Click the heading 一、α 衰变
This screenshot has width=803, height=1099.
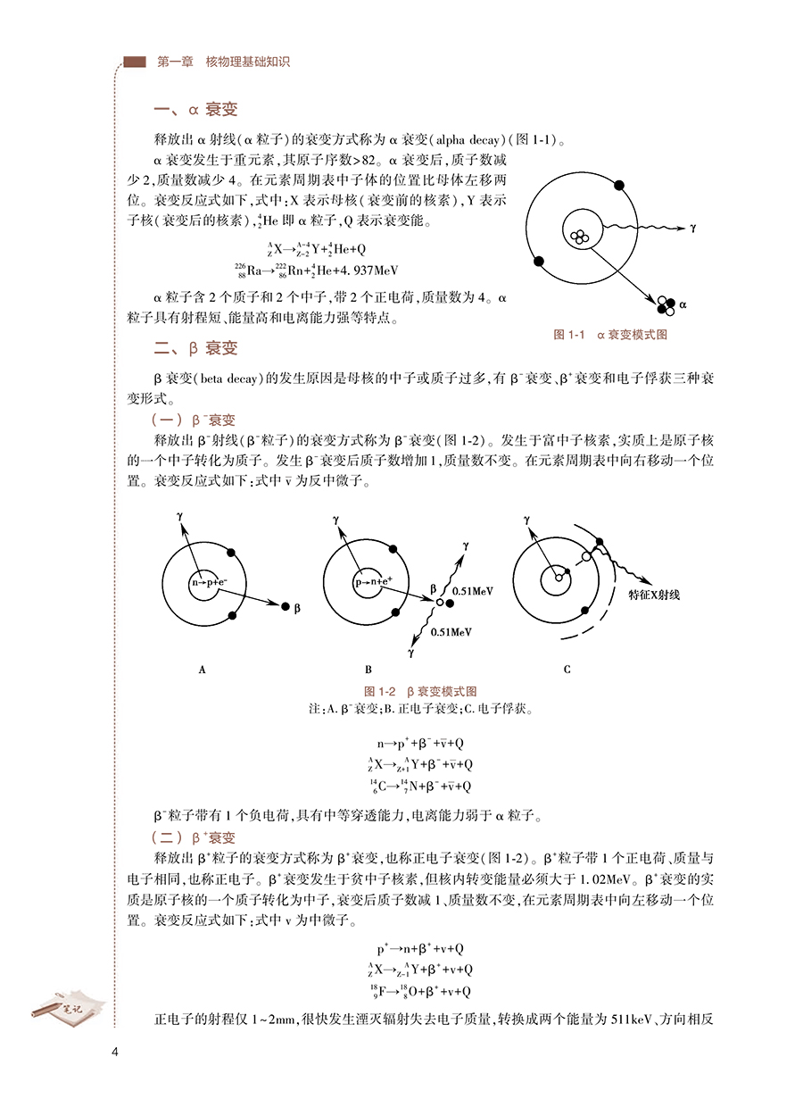[196, 110]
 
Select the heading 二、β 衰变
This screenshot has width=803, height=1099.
[196, 347]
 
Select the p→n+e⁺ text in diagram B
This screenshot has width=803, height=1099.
[374, 582]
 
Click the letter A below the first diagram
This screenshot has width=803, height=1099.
[203, 669]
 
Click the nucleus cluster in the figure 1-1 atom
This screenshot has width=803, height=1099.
[580, 237]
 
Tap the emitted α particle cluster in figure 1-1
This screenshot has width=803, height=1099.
[666, 305]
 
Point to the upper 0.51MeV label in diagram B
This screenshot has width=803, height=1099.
[473, 591]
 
